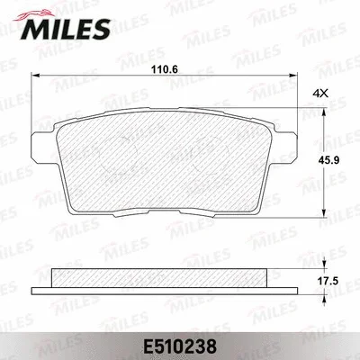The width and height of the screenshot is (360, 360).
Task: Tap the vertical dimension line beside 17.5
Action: pyautogui.click(x=321, y=280)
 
